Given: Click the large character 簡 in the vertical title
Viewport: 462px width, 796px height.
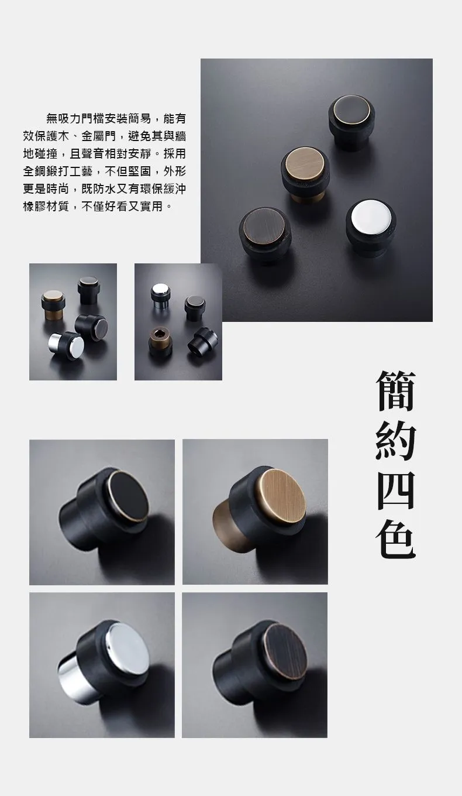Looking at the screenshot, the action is click(x=395, y=391).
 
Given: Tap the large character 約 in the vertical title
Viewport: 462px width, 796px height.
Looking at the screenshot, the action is click(x=395, y=441).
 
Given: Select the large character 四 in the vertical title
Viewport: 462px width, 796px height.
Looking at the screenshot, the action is click(x=395, y=490).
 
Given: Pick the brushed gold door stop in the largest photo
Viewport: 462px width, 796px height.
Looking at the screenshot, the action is click(x=306, y=174).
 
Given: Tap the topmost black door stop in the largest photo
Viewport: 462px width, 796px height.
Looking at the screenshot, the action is click(x=351, y=120).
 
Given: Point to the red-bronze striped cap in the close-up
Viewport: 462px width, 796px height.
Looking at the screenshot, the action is click(x=284, y=650).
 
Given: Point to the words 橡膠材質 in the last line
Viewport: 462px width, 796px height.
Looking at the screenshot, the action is click(x=46, y=206).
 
